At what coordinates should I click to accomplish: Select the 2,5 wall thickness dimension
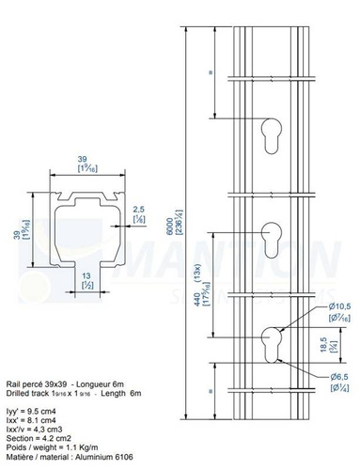pyautogui.click(x=138, y=211)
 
